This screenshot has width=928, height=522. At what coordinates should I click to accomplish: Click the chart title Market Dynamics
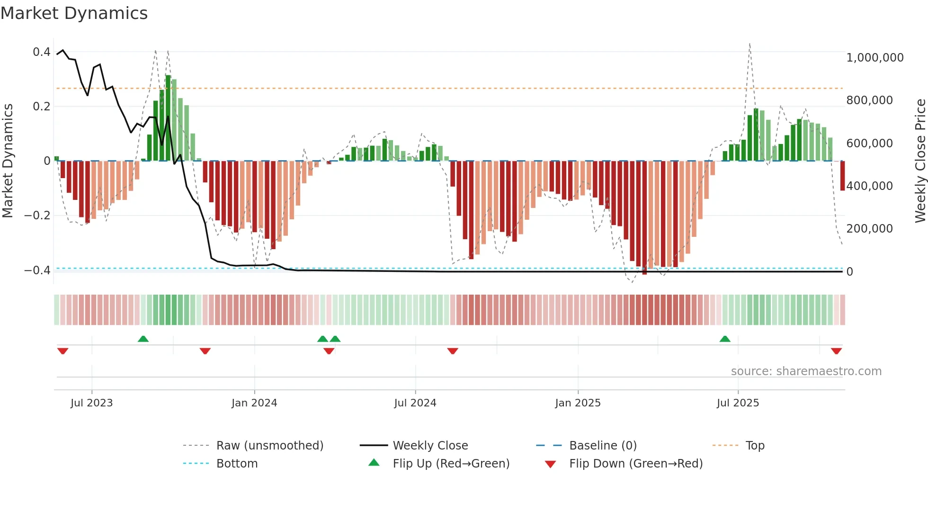click(74, 13)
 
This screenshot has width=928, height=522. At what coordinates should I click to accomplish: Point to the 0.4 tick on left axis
click(41, 52)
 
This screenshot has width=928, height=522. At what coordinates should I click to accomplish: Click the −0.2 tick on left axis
click(37, 216)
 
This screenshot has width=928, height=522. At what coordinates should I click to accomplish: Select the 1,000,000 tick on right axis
click(874, 58)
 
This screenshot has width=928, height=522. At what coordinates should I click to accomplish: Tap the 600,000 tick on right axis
click(869, 144)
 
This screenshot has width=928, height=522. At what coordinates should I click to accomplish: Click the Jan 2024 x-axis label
click(254, 403)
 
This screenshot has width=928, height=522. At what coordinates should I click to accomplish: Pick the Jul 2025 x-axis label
click(738, 403)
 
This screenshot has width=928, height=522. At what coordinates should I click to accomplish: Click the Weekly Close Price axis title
click(920, 161)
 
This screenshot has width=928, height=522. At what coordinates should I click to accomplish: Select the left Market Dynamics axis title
click(8, 161)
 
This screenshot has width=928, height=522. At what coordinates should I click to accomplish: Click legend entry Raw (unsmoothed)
click(269, 446)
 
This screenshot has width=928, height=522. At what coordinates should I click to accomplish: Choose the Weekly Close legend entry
click(430, 446)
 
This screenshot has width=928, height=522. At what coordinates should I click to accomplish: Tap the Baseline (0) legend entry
click(603, 446)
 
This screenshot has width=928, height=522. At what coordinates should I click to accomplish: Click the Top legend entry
click(755, 446)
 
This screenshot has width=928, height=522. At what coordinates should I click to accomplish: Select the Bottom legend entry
click(237, 464)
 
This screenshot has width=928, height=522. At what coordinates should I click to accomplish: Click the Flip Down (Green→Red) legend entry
click(635, 464)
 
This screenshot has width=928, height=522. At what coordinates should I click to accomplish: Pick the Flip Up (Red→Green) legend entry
click(451, 464)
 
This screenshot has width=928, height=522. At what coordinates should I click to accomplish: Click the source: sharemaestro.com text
click(806, 371)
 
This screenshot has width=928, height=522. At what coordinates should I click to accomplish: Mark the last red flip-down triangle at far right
click(836, 351)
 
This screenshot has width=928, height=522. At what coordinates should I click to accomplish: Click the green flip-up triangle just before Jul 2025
click(725, 339)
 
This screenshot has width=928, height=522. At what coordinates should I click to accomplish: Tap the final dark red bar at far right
click(842, 176)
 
